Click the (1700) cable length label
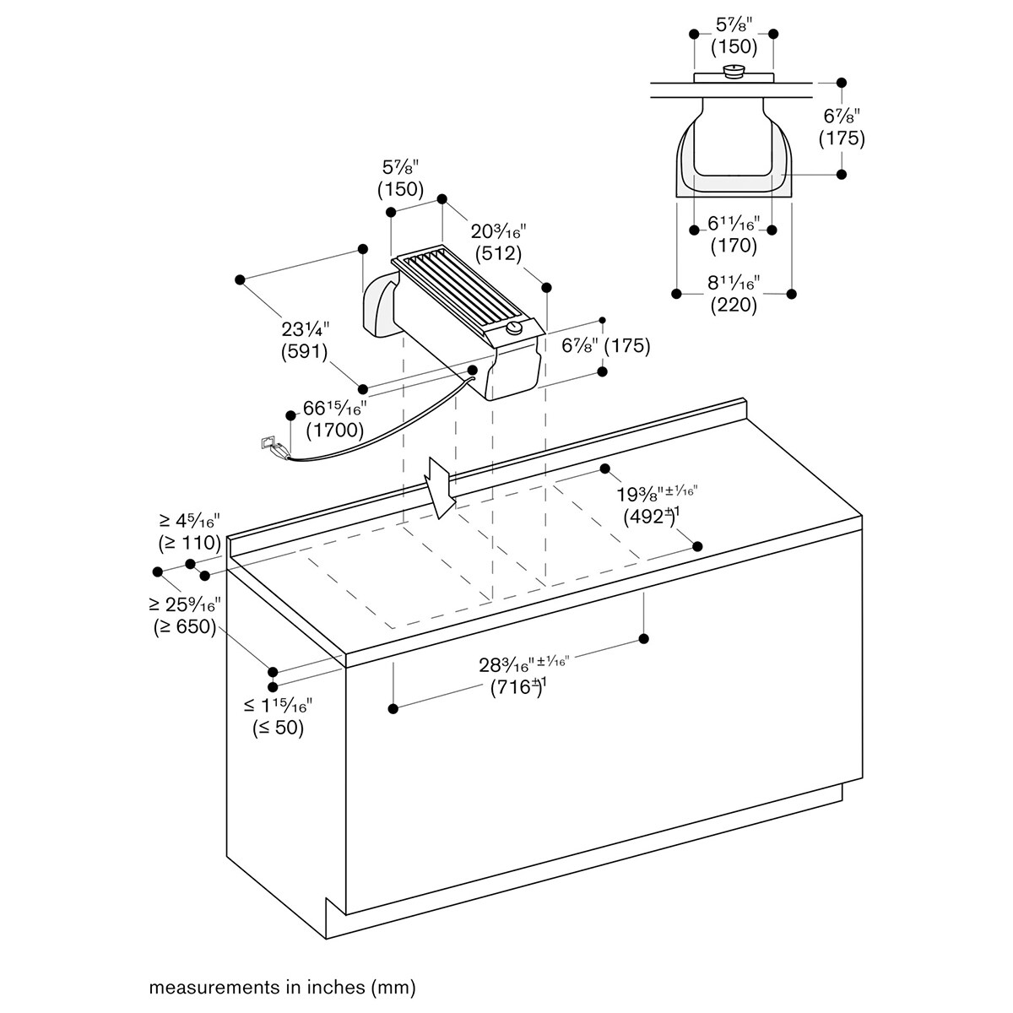pos(335,431)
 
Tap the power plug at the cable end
pos(274,447)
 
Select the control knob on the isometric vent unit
pos(513,329)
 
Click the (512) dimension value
pos(498,254)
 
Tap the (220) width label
pos(734,305)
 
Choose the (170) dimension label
pos(734,246)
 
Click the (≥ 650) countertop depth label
pos(185,626)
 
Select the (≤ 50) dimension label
pos(278,728)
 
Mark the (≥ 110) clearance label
pos(190,542)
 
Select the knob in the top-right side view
pos(734,71)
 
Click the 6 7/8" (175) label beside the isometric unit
pos(605,345)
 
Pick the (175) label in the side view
pos(842,138)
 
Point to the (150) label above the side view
pos(734,47)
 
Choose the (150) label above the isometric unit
pos(401,189)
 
